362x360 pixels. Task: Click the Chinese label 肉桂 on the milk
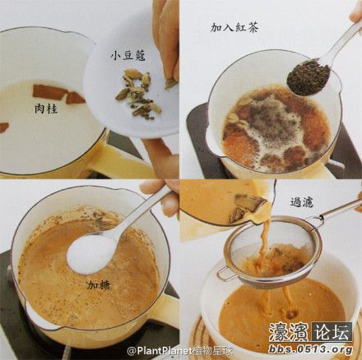point(46,108)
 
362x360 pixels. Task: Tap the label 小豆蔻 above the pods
point(128,55)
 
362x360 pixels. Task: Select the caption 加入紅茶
point(234,27)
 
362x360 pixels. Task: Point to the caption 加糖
point(99,285)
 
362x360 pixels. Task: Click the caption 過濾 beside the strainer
point(302,202)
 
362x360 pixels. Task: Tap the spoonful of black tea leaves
point(309,77)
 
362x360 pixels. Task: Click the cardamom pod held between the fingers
point(170,83)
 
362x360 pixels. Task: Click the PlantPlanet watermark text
point(179,350)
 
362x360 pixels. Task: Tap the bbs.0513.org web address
point(310,349)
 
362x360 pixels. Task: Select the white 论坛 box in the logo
point(332,332)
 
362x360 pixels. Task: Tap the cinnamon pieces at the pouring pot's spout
point(247,207)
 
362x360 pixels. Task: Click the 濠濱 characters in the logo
point(290,332)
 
